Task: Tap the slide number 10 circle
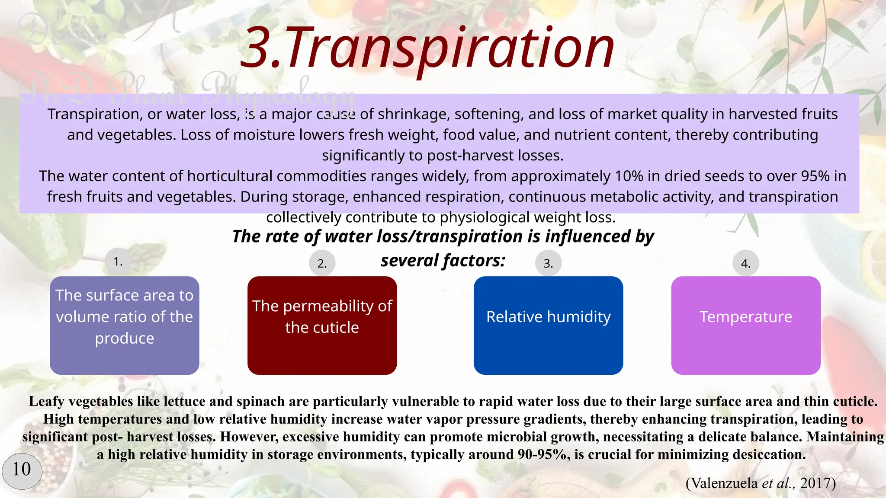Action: (22, 469)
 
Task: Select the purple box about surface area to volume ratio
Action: (125, 325)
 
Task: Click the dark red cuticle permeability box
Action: (322, 325)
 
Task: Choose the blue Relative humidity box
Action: (548, 325)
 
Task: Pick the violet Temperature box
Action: (745, 325)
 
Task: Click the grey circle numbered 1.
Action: (118, 261)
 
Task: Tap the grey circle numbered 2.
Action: (322, 263)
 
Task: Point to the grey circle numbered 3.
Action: (548, 263)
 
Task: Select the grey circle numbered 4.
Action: (745, 263)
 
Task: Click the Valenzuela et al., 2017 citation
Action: (761, 483)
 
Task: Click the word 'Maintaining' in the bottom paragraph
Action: (845, 437)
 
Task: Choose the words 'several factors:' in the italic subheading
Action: (443, 261)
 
